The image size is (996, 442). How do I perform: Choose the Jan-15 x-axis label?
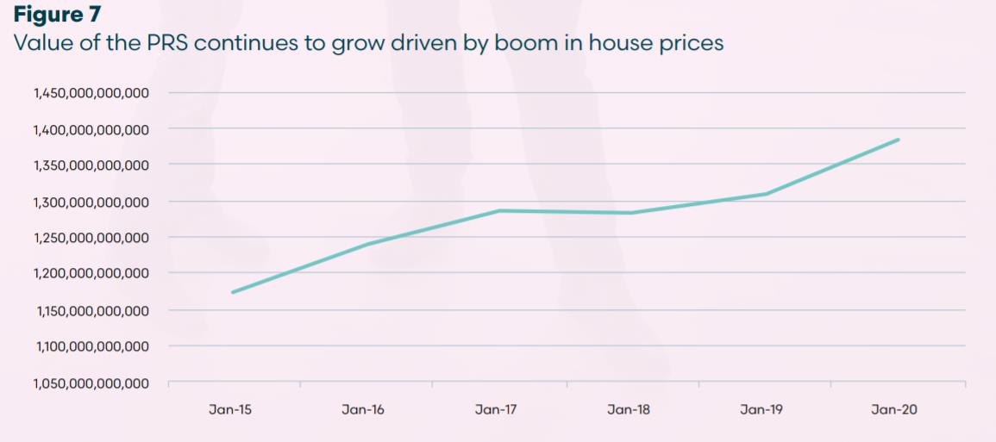230,410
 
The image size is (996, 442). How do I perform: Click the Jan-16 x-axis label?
363,410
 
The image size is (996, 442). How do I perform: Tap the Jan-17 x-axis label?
496,410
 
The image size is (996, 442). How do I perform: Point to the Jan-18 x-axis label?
629,410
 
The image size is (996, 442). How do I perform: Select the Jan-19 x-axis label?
762,410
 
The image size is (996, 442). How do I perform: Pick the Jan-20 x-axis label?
894,410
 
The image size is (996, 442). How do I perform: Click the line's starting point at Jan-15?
233,292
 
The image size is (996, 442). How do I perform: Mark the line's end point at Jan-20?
899,140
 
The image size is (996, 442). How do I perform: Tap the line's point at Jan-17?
499,211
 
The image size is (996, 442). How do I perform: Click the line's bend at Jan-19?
765,194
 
